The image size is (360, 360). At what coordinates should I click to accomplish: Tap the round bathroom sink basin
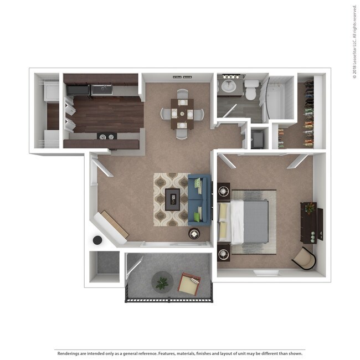coord(228,86)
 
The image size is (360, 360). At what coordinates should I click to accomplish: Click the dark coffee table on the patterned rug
coord(173,199)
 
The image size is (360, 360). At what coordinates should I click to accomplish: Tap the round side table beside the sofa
coord(194,234)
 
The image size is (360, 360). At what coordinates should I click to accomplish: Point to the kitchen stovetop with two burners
coord(106,136)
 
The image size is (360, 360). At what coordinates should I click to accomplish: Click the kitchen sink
coord(101,89)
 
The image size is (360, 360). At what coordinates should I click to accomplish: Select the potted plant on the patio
coord(162,283)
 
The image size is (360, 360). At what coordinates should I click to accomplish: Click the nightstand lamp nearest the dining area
coord(224,192)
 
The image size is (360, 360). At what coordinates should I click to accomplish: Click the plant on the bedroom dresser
coord(310,208)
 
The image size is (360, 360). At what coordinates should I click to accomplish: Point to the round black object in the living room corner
coord(97,240)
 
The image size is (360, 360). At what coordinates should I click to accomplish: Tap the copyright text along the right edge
coord(354,42)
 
